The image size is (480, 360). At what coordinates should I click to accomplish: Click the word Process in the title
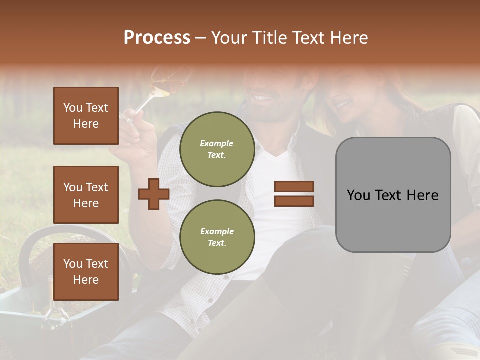[157, 38]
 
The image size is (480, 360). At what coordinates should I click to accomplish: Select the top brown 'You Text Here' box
[86, 116]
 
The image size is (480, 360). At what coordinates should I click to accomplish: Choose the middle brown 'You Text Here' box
[86, 195]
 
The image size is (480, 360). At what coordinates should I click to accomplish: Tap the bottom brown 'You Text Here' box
[86, 272]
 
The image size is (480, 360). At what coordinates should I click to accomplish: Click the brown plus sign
[154, 194]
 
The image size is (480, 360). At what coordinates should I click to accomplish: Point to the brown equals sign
[294, 194]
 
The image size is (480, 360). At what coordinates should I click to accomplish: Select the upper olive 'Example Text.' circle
[217, 149]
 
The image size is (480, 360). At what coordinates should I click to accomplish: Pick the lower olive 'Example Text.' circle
[217, 237]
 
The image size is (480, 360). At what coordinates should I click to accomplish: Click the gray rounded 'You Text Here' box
[393, 195]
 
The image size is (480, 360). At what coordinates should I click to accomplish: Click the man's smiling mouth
[263, 96]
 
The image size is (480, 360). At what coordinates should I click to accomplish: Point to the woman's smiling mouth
[343, 104]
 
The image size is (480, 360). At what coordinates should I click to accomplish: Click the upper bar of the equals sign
[294, 187]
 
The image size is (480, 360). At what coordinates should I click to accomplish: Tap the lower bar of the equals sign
[294, 201]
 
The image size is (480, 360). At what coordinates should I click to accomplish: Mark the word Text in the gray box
[392, 195]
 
